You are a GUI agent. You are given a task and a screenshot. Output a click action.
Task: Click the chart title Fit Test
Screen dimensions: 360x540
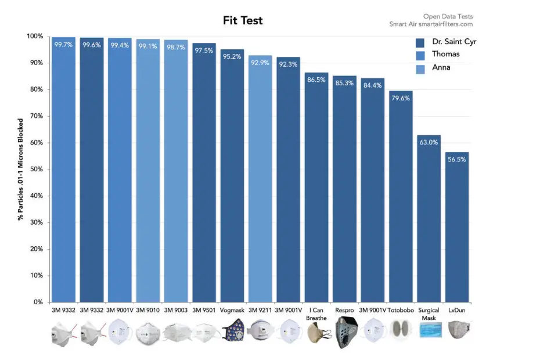click(x=243, y=21)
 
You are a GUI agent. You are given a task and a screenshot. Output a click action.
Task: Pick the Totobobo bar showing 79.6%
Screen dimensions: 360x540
click(x=401, y=197)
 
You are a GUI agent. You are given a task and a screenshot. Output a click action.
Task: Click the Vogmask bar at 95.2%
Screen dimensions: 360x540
click(x=232, y=174)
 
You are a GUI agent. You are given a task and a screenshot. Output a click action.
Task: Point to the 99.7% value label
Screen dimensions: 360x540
click(x=63, y=44)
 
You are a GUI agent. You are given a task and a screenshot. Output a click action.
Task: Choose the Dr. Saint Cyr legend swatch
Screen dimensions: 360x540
click(x=421, y=42)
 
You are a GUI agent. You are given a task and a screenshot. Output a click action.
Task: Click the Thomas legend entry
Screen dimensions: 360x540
click(x=445, y=54)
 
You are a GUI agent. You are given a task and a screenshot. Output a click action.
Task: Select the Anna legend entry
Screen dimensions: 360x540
click(x=441, y=67)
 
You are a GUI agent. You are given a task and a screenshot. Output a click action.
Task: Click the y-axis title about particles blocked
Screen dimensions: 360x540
click(x=20, y=169)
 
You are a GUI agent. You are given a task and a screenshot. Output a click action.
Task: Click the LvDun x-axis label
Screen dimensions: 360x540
click(x=457, y=311)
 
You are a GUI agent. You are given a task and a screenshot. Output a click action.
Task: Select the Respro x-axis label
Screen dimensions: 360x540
click(x=344, y=311)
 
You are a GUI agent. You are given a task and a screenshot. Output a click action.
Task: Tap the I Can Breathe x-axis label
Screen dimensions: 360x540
click(x=316, y=314)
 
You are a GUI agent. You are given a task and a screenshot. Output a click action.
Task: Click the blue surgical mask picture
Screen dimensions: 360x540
click(x=429, y=331)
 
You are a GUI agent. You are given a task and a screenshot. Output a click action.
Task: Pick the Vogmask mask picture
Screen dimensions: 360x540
click(x=232, y=331)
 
